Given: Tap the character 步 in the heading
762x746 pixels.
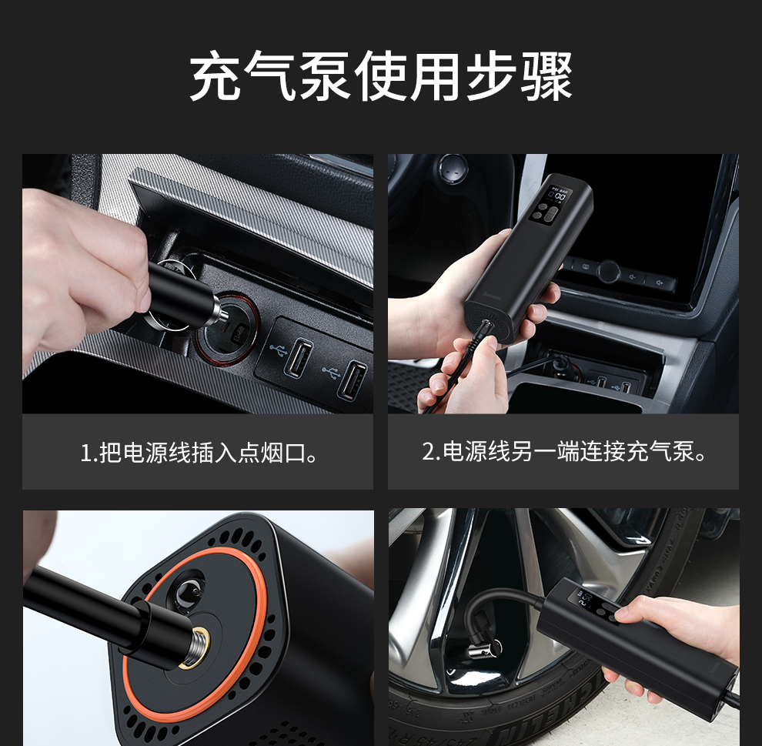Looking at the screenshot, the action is click(x=491, y=75).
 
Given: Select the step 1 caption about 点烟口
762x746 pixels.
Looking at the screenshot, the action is click(x=199, y=453).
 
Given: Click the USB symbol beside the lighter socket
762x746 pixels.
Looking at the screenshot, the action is click(x=278, y=348).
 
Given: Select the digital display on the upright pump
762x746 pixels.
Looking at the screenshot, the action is click(x=557, y=195).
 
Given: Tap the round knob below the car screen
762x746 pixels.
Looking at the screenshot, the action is click(x=608, y=271).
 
